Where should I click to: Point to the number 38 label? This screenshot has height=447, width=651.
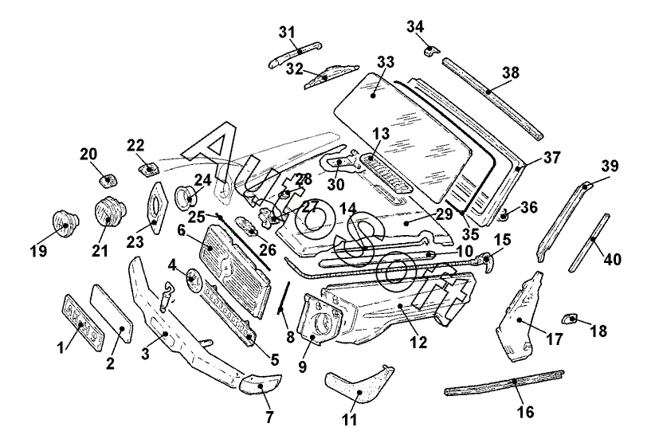[x=511, y=73]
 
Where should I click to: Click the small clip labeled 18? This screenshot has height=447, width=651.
[x=569, y=319]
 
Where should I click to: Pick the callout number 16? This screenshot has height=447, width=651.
[x=524, y=412]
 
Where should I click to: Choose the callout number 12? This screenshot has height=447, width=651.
[x=419, y=343]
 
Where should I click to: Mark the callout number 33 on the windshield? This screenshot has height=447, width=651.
[x=386, y=62]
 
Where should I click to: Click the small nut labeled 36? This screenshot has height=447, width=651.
[x=504, y=214]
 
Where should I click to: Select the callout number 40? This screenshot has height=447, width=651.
[x=613, y=259]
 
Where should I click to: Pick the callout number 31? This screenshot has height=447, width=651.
[x=287, y=32]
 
